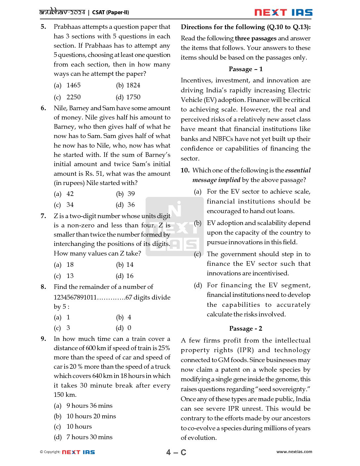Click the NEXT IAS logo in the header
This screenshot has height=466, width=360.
click(x=283, y=13)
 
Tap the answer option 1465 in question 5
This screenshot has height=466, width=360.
click(x=73, y=85)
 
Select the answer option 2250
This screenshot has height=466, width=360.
click(x=73, y=97)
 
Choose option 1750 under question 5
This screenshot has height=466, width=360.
click(x=133, y=97)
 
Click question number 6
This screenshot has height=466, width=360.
click(x=43, y=108)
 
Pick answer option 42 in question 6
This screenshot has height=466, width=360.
click(x=70, y=194)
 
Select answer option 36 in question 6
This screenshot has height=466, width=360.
click(x=131, y=205)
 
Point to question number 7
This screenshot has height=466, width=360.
click(x=43, y=216)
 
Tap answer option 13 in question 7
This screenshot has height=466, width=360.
click(x=70, y=276)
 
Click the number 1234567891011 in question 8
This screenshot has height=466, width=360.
click(x=75, y=298)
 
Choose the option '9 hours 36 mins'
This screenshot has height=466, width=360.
click(x=89, y=406)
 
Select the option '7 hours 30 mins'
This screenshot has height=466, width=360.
click(x=89, y=437)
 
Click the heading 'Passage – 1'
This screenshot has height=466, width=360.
click(x=246, y=69)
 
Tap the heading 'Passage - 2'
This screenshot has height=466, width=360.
click(x=246, y=329)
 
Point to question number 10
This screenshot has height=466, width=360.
click(x=185, y=170)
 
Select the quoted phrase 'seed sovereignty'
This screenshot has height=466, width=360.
click(x=283, y=389)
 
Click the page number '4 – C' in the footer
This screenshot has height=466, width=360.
click(x=176, y=452)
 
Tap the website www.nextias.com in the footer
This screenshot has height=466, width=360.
click(x=294, y=452)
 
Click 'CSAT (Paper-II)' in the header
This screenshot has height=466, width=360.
click(x=111, y=13)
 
